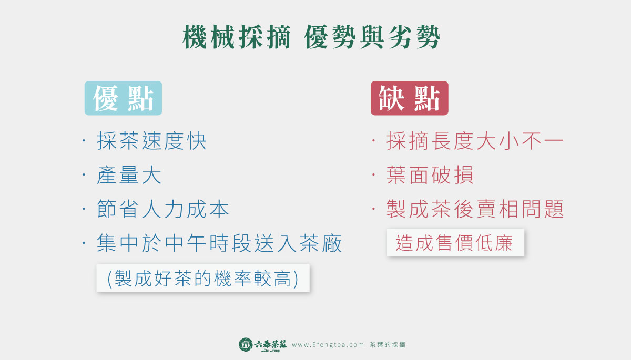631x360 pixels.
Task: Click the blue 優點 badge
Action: pyautogui.click(x=123, y=98)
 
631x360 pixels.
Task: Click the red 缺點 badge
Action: pyautogui.click(x=409, y=98)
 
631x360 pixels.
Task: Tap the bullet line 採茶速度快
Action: pyautogui.click(x=151, y=141)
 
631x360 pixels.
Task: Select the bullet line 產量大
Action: pyautogui.click(x=129, y=175)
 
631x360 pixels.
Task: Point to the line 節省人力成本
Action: pyautogui.click(x=163, y=209)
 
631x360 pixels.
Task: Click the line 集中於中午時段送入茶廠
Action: pyautogui.click(x=219, y=243)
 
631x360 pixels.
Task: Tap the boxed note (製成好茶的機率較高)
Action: pyautogui.click(x=203, y=278)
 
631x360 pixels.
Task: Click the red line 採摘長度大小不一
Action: pyautogui.click(x=475, y=141)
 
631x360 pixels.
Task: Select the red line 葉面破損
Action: pyautogui.click(x=430, y=175)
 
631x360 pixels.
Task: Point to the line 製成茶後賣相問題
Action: pyautogui.click(x=475, y=209)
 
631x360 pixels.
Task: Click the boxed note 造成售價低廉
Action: pyautogui.click(x=455, y=243)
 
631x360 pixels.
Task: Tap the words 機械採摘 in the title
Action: pyautogui.click(x=237, y=37)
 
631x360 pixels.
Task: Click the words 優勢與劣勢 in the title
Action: pyautogui.click(x=372, y=37)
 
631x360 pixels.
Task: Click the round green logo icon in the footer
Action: pyautogui.click(x=246, y=345)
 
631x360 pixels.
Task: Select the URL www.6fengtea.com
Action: pyautogui.click(x=328, y=345)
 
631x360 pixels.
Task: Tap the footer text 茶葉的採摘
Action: pyautogui.click(x=388, y=345)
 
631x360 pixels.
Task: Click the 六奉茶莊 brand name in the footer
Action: pyautogui.click(x=270, y=345)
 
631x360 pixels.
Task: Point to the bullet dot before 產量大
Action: pyautogui.click(x=84, y=175)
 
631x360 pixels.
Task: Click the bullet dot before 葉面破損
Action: pyautogui.click(x=373, y=175)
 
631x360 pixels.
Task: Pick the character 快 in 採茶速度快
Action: pyautogui.click(x=197, y=141)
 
